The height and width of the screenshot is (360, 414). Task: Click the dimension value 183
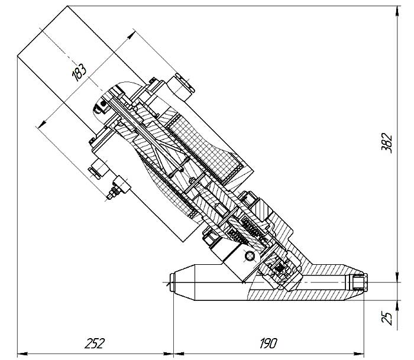[79, 73]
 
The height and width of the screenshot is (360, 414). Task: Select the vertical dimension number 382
[387, 143]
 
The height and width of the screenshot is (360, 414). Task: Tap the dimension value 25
[387, 318]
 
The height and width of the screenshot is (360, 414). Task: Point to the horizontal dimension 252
[95, 343]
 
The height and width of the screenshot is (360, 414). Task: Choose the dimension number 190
[269, 343]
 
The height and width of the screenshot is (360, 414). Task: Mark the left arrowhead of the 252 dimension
[22, 353]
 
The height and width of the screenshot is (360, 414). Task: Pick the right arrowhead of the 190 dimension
[359, 353]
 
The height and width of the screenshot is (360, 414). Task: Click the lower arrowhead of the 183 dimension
[42, 124]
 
